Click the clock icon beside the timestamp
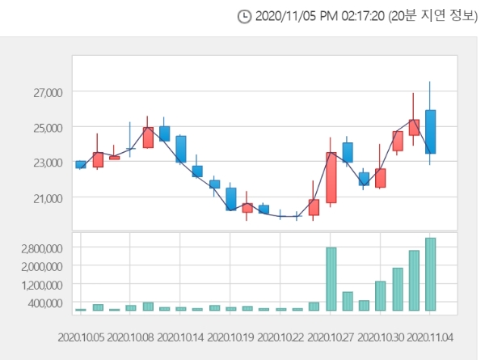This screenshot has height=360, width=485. (244, 16)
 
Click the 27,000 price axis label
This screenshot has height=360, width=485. (46, 92)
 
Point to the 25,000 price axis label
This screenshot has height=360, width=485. (46, 127)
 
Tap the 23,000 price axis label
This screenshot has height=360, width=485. (46, 163)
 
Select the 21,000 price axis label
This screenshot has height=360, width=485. (46, 197)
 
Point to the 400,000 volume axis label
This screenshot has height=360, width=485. (44, 303)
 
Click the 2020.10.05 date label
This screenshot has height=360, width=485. (80, 335)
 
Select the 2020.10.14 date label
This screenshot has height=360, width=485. (180, 335)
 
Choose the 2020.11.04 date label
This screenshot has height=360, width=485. (430, 335)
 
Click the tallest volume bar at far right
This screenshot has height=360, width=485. (431, 274)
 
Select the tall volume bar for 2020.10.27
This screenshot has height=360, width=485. (331, 279)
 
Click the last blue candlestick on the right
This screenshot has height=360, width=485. (431, 132)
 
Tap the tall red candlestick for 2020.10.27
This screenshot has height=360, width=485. (331, 177)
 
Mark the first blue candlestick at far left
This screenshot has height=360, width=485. (80, 164)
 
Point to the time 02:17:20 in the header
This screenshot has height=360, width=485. (354, 16)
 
